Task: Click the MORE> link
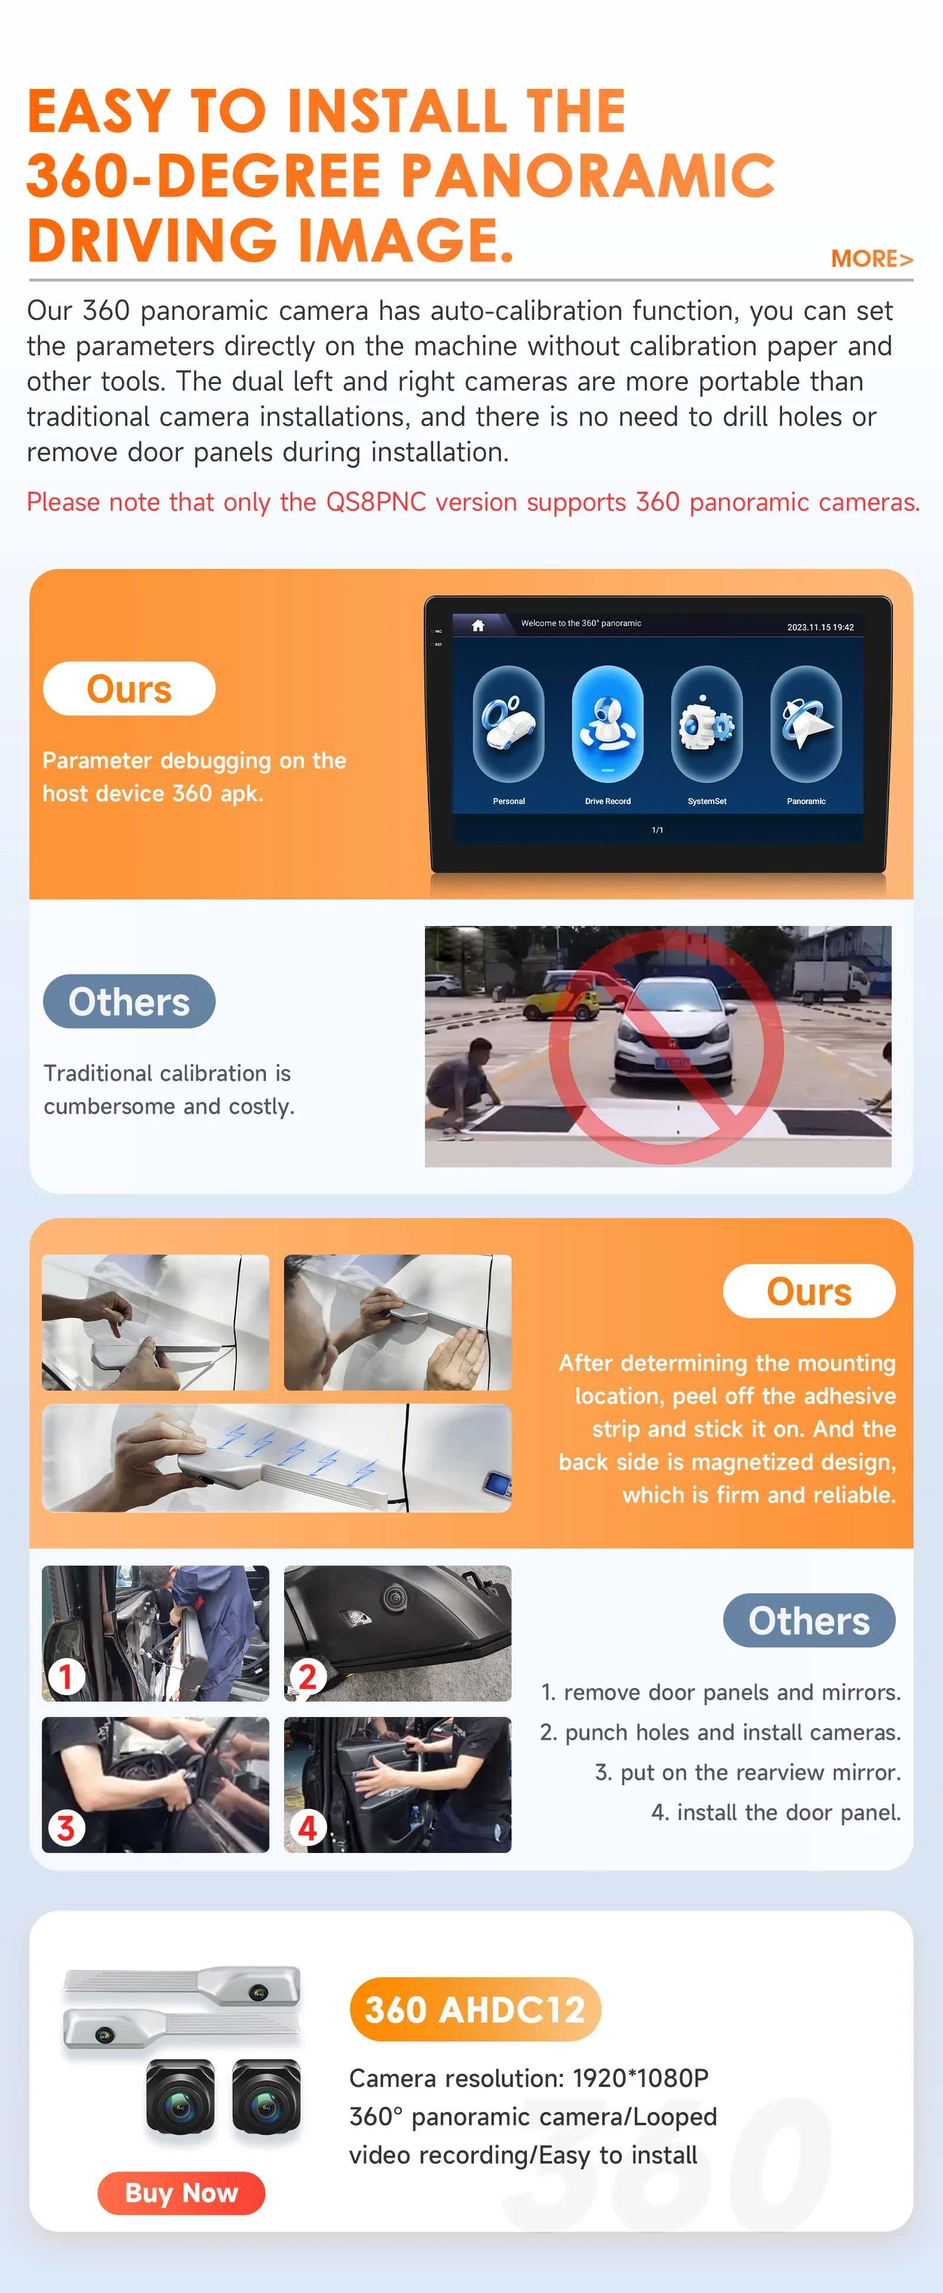pyautogui.click(x=872, y=259)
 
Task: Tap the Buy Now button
pyautogui.click(x=182, y=2192)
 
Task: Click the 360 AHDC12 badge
pyautogui.click(x=476, y=2009)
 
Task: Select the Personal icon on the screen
pyautogui.click(x=509, y=724)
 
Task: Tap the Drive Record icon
pyautogui.click(x=607, y=724)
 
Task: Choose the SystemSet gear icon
pyautogui.click(x=707, y=724)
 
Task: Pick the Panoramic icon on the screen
pyautogui.click(x=806, y=724)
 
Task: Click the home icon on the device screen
pyautogui.click(x=478, y=625)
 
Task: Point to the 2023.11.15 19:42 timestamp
pyautogui.click(x=820, y=627)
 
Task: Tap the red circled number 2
pyautogui.click(x=307, y=1677)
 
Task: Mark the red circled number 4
pyautogui.click(x=307, y=1828)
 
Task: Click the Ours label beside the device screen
pyautogui.click(x=129, y=689)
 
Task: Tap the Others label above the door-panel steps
pyautogui.click(x=809, y=1620)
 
